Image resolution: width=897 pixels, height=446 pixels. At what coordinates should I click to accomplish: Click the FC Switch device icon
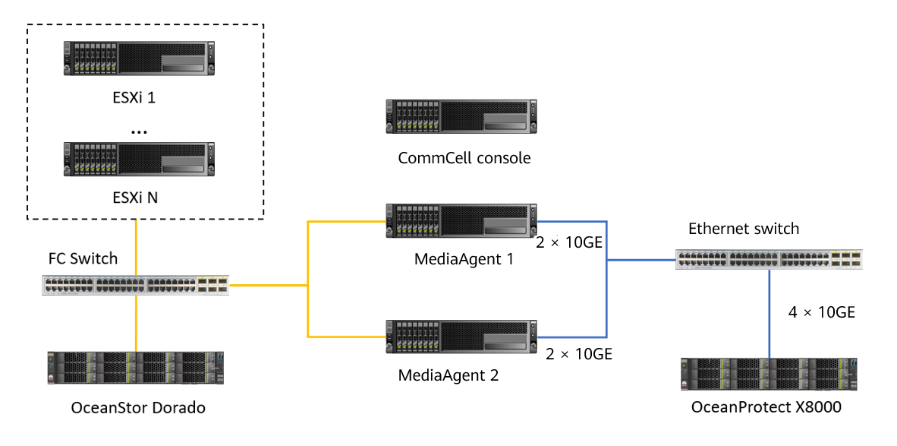click(x=135, y=286)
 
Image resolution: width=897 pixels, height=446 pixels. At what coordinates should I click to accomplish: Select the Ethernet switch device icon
click(x=769, y=259)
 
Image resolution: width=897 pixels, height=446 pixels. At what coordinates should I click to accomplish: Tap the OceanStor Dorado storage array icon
click(x=136, y=370)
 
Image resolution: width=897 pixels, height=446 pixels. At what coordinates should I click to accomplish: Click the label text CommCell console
click(x=464, y=158)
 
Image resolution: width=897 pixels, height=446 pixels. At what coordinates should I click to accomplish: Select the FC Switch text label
click(x=83, y=258)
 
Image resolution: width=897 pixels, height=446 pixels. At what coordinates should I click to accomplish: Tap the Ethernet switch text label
click(x=744, y=229)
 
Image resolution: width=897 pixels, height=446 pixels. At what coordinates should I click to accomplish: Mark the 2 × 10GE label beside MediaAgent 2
click(x=578, y=353)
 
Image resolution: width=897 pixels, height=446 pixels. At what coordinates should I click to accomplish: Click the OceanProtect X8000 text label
click(x=766, y=408)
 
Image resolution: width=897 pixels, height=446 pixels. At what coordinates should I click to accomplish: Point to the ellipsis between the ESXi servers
click(x=138, y=131)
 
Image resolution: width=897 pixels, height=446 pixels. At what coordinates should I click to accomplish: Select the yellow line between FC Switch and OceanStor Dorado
click(x=137, y=323)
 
